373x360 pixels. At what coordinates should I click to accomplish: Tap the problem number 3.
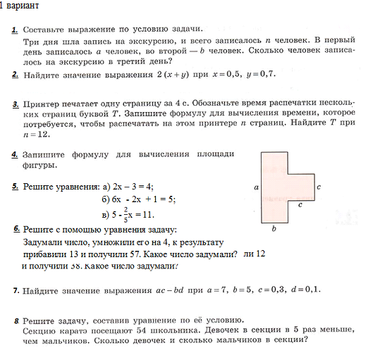[x=16, y=104]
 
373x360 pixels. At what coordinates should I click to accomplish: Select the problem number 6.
[x=16, y=230]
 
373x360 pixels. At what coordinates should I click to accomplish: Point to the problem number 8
[x=16, y=321]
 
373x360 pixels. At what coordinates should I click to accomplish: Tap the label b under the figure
[x=274, y=229]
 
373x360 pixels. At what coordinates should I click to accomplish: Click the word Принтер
[x=42, y=104]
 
